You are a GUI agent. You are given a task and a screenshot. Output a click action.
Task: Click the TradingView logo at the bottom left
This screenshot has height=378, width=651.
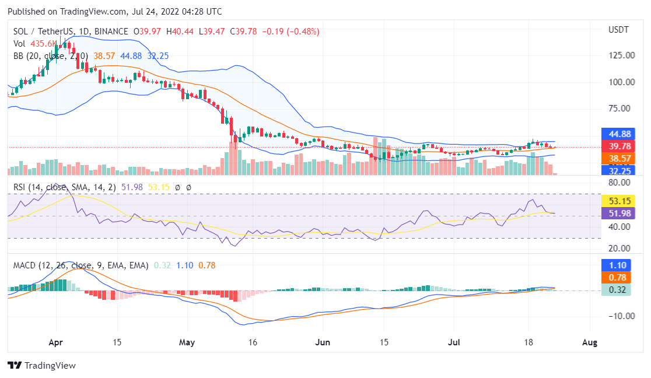pos(41,365)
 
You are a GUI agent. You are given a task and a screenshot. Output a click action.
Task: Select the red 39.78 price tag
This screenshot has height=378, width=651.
pos(616,146)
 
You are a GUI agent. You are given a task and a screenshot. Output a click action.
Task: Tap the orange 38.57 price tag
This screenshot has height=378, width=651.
pos(616,158)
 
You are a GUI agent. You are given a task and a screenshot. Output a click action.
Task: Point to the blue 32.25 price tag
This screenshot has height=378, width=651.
pos(616,170)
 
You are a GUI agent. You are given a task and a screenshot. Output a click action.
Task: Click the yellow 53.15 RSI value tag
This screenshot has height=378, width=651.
pos(616,201)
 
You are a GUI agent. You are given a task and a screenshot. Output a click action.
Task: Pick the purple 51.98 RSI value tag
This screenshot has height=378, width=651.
pos(616,213)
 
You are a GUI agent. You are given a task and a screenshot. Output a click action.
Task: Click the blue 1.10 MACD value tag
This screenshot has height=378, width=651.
pos(616,265)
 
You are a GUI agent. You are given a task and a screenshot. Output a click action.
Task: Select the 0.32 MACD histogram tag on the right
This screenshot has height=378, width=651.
pos(616,289)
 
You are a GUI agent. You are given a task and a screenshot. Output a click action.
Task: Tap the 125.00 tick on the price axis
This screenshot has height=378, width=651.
pos(621,55)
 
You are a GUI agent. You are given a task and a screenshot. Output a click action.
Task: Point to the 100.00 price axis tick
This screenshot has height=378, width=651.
pos(621,82)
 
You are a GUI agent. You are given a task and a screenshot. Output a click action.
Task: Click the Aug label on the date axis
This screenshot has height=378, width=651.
pos(590,342)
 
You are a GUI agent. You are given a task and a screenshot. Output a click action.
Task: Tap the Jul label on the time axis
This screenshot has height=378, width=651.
pos(454,342)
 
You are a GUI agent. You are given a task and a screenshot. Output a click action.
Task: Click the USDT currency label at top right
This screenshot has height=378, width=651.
pos(619,29)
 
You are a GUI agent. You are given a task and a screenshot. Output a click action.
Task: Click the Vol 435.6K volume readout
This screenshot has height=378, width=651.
pos(35,43)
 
